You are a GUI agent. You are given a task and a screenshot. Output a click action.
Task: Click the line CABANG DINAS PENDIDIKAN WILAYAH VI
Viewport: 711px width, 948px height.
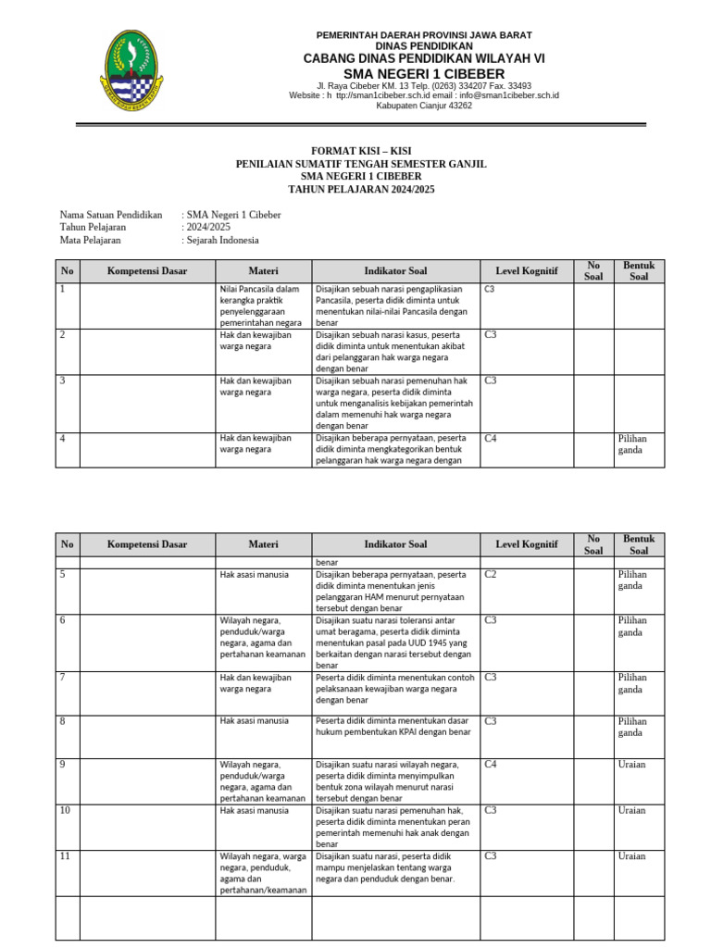point(424,57)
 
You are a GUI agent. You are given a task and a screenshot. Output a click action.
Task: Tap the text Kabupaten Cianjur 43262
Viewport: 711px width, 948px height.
point(423,106)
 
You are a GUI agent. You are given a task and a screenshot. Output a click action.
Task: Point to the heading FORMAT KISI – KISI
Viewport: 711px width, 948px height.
point(361,151)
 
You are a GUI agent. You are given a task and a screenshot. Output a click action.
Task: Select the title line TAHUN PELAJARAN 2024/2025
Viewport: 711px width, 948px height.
point(361,189)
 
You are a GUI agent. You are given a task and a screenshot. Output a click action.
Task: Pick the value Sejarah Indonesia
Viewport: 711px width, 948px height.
point(222,240)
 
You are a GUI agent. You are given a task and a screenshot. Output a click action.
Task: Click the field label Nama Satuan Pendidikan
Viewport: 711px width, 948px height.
point(111,215)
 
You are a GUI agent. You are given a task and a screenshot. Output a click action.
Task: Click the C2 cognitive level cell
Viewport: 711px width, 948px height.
point(491,575)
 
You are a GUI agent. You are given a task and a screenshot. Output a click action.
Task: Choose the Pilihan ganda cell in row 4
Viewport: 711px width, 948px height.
point(632,443)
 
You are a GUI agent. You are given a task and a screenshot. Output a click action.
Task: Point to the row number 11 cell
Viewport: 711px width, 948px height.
point(66,856)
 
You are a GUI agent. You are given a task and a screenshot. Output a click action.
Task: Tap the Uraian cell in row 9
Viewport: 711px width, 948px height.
point(632,765)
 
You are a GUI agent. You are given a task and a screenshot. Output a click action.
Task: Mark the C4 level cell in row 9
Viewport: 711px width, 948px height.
point(491,765)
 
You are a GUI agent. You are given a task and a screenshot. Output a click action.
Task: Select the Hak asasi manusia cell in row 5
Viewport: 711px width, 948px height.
point(254,575)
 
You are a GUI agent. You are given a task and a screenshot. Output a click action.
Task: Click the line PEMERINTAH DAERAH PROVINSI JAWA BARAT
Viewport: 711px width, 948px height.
point(424,34)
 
